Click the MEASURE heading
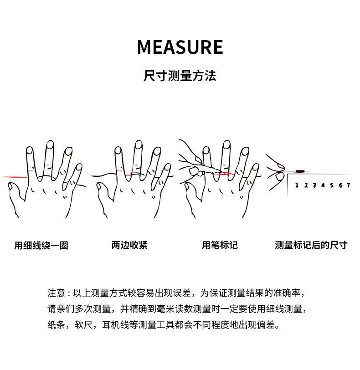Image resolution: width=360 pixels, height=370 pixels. pos(180,47)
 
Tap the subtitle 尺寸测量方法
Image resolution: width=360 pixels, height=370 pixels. pos(180,76)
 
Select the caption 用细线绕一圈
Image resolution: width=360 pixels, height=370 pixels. pos(41,246)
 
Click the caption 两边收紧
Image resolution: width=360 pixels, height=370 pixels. pos(129,245)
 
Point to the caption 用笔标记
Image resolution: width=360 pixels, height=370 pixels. pos(220,245)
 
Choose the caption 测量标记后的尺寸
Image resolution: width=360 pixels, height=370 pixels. pos(311,245)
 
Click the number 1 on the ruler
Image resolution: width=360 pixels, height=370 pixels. pos(297,185)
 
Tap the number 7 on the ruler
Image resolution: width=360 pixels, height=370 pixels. pos(348,185)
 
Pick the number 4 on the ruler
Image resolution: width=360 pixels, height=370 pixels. pos(323,185)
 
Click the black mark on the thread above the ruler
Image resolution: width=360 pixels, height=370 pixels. pos(300,171)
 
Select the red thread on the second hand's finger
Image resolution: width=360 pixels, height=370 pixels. pos(136,174)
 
